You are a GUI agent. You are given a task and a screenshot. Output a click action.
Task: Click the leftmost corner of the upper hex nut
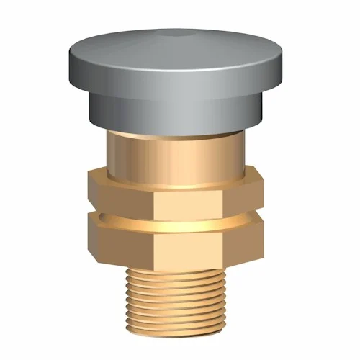(x=86, y=189)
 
